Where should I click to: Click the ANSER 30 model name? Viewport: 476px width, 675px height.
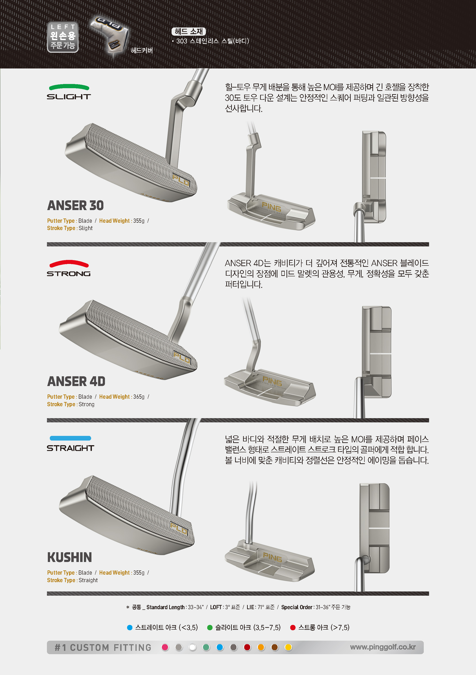pos(75,205)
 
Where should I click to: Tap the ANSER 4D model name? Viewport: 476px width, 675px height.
pos(76,382)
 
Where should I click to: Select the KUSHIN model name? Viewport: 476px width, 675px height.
pos(70,557)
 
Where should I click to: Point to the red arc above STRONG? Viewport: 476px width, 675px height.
pos(69,263)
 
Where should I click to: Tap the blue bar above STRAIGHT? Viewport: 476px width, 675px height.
pos(70,438)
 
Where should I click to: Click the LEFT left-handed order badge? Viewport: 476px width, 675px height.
pos(63,37)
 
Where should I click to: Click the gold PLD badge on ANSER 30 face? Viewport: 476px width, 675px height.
pos(181,180)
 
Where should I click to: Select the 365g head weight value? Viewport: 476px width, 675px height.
pos(139,397)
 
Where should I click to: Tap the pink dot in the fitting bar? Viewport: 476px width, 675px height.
pos(165,647)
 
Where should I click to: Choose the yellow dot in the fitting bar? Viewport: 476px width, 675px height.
pos(288,647)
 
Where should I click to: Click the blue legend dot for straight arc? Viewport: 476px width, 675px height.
pos(130,627)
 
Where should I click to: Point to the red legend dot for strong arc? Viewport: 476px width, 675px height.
pos(293,627)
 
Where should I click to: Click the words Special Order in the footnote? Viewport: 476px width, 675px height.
pos(297,607)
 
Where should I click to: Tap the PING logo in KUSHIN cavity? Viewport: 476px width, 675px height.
pos(273,557)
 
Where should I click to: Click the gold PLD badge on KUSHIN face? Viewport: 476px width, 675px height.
pos(178,528)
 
